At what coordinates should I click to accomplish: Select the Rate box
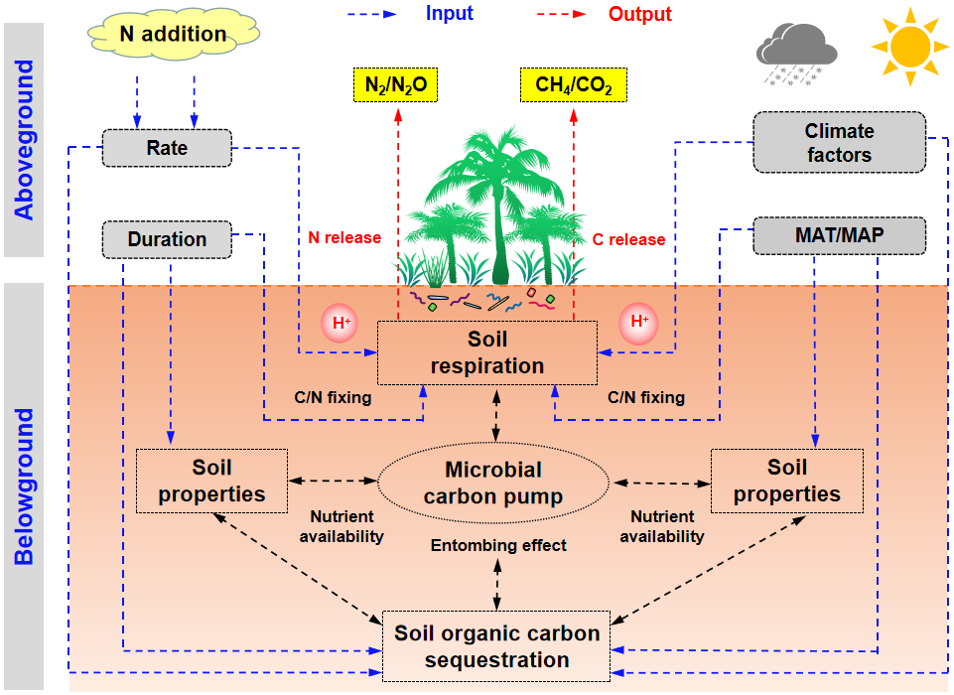pos(167,149)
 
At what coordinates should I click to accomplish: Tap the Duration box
pos(167,239)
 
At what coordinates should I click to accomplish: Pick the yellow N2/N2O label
pos(395,86)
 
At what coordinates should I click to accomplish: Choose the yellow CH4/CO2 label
pos(573,86)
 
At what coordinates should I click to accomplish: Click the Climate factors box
pos(839,142)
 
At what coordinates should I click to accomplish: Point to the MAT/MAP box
pos(839,235)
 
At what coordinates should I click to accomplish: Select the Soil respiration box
pos(487,353)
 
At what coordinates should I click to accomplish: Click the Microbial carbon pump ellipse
pos(493,483)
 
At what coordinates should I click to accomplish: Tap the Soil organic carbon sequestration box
pos(496,646)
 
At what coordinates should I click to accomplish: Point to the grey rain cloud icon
pos(794,53)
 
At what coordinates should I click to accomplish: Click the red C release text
pos(628,239)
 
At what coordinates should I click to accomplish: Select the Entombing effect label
pos(498,545)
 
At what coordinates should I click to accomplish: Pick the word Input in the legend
pos(450,13)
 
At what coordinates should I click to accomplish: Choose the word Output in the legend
pos(640,14)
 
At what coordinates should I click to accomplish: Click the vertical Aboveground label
pos(24,140)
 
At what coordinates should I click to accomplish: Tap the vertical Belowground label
pos(24,486)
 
